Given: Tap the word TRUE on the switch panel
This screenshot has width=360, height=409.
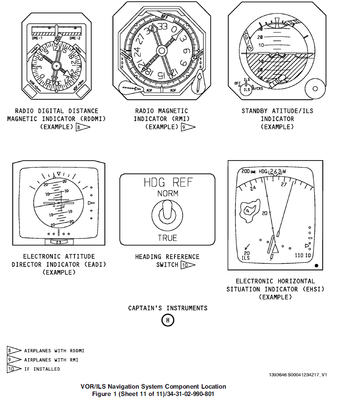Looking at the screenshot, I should pyautogui.click(x=167, y=238).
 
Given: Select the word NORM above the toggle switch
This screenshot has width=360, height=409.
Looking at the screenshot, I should pyautogui.click(x=167, y=193).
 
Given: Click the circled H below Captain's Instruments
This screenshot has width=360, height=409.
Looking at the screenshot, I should pyautogui.click(x=167, y=320).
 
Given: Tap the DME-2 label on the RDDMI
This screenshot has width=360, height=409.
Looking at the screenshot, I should pyautogui.click(x=75, y=38).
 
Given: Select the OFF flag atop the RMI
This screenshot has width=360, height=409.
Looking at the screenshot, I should pyautogui.click(x=164, y=16).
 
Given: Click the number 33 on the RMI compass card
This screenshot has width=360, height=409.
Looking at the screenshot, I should pyautogui.click(x=162, y=26).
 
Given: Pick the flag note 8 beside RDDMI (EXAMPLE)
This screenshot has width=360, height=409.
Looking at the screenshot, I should pyautogui.click(x=82, y=127).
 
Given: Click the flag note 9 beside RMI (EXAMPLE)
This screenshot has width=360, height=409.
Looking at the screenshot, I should pyautogui.click(x=188, y=127).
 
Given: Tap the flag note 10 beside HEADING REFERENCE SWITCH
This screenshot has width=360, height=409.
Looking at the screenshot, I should pyautogui.click(x=188, y=265).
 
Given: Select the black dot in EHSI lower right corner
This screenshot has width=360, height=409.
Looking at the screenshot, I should pyautogui.click(x=317, y=265).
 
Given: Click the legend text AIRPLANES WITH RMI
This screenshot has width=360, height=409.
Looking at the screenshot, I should pyautogui.click(x=51, y=360).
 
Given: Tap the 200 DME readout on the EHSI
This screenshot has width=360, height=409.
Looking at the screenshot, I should pyautogui.click(x=248, y=172).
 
